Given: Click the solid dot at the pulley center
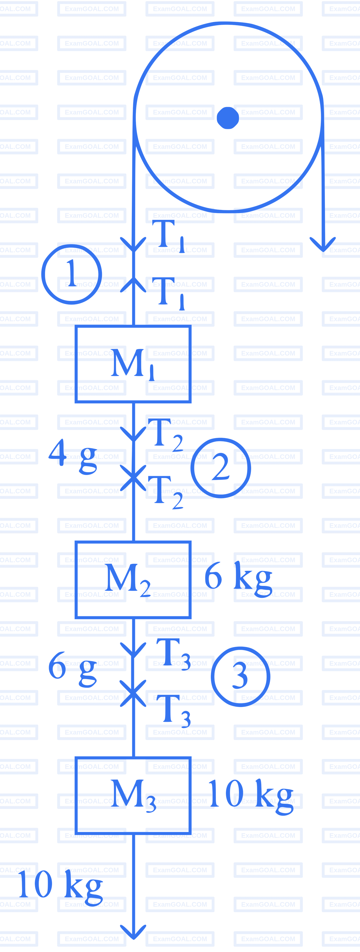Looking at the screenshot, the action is [228, 118].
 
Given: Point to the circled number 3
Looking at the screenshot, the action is [241, 676].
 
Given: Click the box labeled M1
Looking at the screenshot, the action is [133, 364].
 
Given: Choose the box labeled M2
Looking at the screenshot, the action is [133, 579].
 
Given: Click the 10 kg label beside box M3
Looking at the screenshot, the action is [251, 797].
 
